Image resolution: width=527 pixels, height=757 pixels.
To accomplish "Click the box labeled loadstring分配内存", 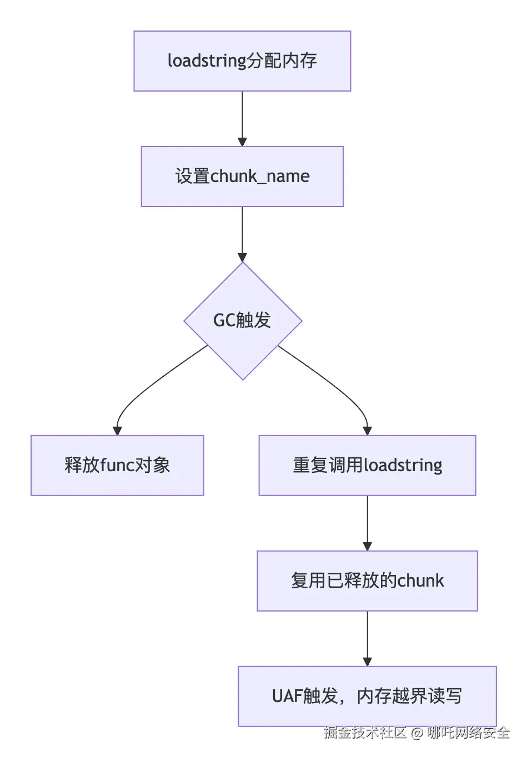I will [242, 61].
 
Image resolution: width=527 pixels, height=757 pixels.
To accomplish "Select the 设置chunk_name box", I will [242, 176].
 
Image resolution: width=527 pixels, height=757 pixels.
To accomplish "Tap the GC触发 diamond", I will [243, 321].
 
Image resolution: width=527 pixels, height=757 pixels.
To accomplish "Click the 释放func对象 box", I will [117, 465].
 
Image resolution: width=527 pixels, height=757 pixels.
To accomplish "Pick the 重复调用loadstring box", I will [367, 465].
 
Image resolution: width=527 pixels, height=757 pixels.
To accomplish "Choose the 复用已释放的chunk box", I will [367, 581].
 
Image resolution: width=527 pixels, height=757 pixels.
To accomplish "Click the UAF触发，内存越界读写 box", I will [367, 696].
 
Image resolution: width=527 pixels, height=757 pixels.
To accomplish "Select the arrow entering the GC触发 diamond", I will [242, 233].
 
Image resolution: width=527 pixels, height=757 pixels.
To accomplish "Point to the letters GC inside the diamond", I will [224, 321].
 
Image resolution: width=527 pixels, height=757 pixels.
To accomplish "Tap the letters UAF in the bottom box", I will [287, 696].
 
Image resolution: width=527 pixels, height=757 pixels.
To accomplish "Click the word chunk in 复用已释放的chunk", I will [420, 581].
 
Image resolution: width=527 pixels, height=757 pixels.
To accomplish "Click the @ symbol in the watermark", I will [417, 733].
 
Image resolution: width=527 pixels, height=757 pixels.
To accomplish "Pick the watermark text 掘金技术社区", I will [365, 733].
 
